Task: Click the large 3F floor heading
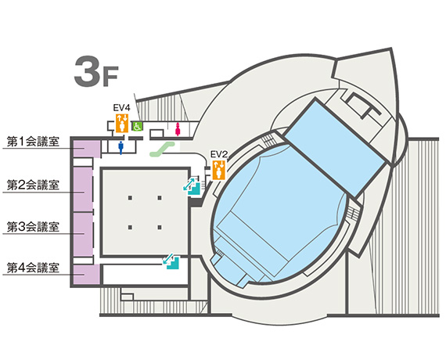coord(96,71)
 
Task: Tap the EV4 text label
coord(122,108)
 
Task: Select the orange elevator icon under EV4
coord(122,123)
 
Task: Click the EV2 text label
coord(219,154)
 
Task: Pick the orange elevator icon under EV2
coord(219,170)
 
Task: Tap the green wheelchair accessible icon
coord(138,126)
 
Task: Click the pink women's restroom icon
coord(178,129)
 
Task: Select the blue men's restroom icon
coord(120,148)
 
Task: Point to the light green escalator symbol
coord(162,149)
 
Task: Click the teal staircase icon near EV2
coord(192,185)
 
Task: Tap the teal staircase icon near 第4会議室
coord(171,261)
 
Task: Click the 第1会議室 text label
coord(33,142)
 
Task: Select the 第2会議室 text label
coord(33,185)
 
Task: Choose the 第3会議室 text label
coord(33,227)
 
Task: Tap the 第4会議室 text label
coord(33,268)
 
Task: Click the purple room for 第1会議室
coord(86,149)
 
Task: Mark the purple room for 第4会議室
coord(86,275)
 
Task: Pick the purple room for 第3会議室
coord(83,234)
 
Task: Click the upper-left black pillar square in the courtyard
coord(130,198)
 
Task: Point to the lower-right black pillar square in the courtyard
coord(160,228)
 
